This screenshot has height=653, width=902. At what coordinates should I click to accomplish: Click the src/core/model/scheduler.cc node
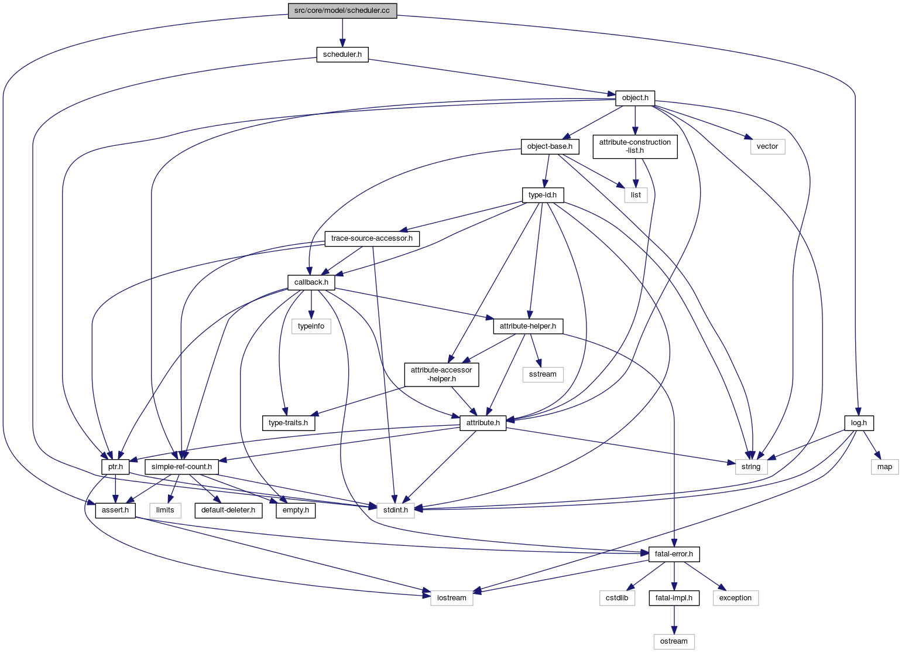(342, 11)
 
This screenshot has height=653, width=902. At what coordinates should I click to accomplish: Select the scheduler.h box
(342, 55)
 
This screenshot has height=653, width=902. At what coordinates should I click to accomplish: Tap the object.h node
(635, 98)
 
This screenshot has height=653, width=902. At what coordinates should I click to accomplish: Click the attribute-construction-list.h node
(635, 146)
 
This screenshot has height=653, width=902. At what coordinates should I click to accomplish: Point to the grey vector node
(767, 146)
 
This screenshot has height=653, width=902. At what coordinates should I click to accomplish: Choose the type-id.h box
(542, 194)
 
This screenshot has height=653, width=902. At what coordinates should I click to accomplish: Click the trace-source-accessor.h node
(372, 238)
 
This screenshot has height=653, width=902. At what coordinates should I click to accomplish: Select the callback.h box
(311, 282)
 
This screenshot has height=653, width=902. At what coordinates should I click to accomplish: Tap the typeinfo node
(311, 326)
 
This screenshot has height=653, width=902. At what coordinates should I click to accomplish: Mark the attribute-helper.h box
(528, 326)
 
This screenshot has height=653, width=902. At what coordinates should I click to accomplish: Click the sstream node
(543, 374)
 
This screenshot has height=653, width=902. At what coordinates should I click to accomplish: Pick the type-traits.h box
(288, 423)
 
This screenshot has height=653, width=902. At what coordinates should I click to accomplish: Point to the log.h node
(859, 422)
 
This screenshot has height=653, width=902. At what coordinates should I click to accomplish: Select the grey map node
(884, 467)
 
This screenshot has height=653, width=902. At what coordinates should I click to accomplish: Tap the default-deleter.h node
(228, 510)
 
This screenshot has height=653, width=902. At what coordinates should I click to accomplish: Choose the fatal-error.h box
(674, 553)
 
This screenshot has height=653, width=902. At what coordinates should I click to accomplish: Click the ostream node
(674, 641)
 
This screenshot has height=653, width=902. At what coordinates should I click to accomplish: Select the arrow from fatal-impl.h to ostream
(674, 620)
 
